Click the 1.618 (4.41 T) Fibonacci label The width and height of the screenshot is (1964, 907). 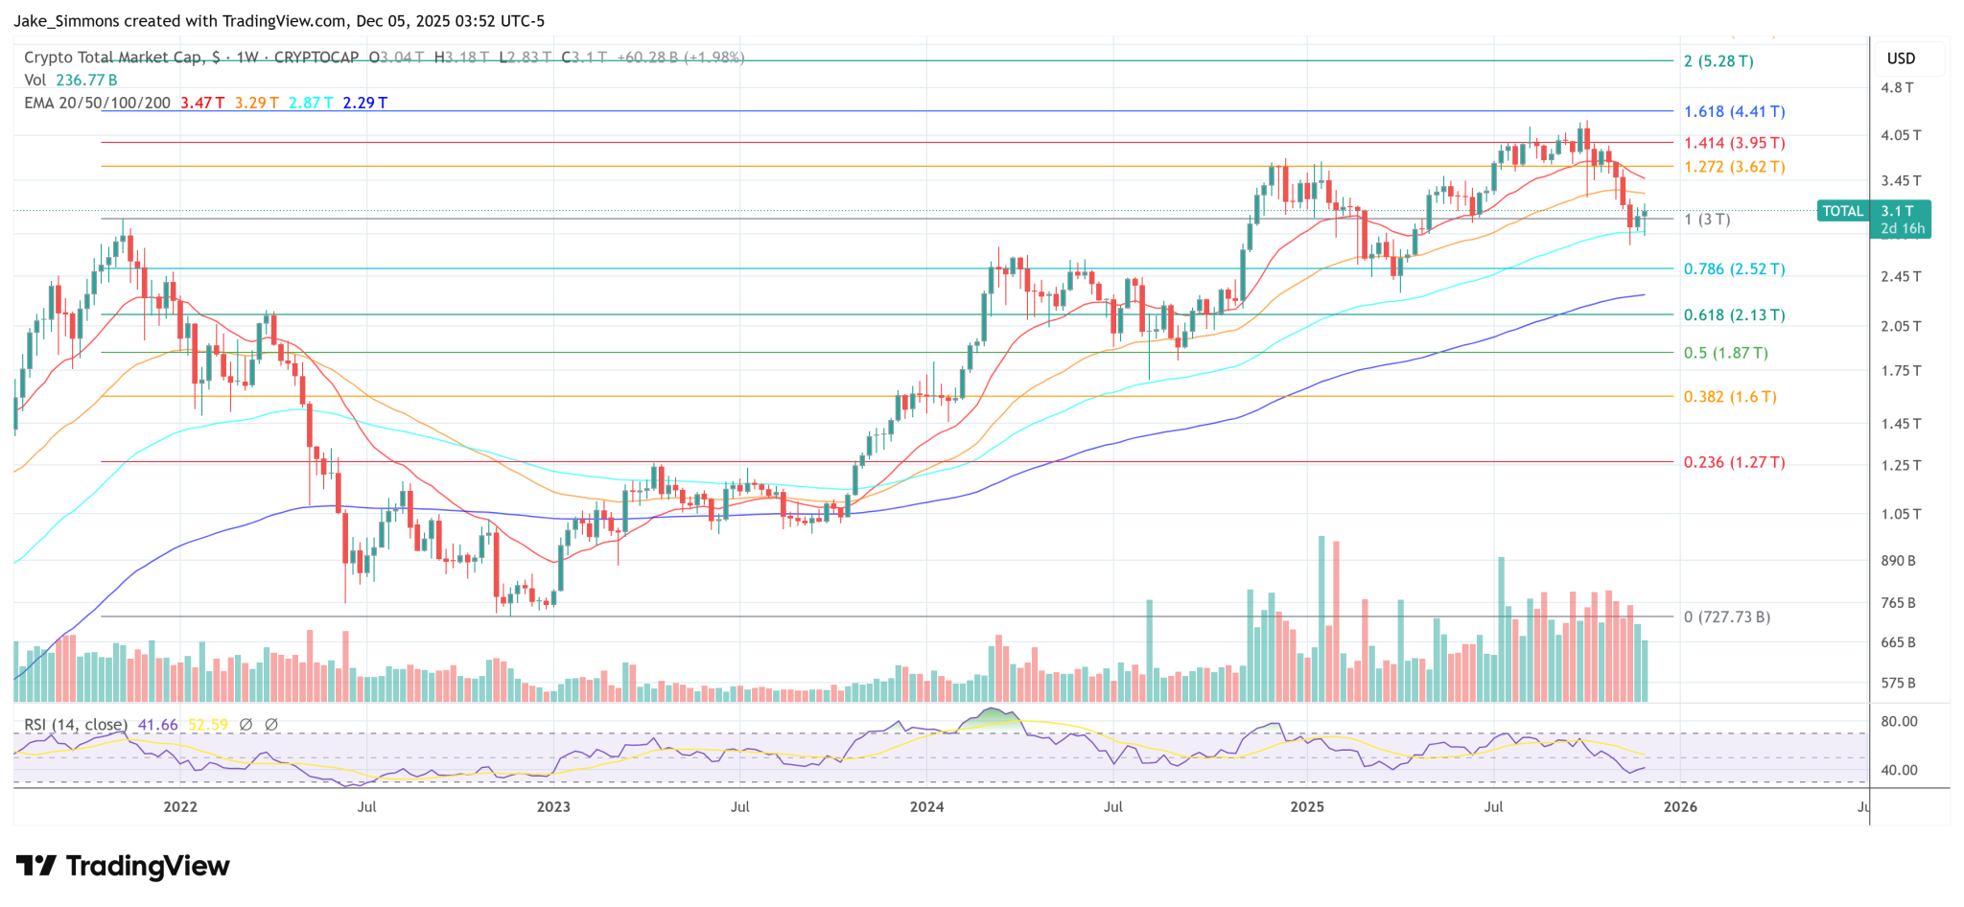tap(1734, 112)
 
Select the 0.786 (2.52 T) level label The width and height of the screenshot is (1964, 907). tap(1734, 269)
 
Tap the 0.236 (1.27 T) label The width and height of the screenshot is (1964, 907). tap(1734, 462)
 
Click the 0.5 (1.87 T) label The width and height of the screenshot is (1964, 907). tap(1725, 353)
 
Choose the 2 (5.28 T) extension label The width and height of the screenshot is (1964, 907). tap(1718, 61)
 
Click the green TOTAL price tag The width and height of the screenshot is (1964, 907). tap(1842, 211)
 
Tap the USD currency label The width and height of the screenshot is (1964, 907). tap(1901, 58)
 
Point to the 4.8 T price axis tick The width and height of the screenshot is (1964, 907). tap(1897, 88)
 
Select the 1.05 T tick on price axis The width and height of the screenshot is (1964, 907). tap(1901, 515)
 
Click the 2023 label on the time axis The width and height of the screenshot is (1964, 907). tap(553, 807)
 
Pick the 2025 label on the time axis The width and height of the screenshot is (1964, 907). tap(1307, 807)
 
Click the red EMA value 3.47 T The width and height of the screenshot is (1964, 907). tap(202, 103)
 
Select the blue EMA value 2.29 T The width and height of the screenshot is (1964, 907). tap(365, 103)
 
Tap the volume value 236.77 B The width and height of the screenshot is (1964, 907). tap(86, 81)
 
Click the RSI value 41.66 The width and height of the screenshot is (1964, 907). tap(158, 725)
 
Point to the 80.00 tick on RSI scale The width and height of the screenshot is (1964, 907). tap(1899, 722)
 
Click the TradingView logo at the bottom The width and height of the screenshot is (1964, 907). tap(123, 867)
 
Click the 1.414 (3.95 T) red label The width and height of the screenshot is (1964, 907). tap(1734, 144)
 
